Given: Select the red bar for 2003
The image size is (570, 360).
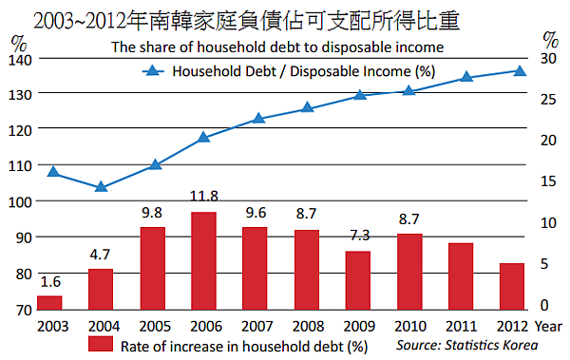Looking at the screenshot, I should coord(49,303).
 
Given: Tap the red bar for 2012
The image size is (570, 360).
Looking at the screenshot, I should coord(511,287).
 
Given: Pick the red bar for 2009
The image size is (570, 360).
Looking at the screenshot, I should coord(357,281).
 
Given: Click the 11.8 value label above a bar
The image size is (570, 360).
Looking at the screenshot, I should coord(203,197).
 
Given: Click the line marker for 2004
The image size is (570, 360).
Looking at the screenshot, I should coord(101,186).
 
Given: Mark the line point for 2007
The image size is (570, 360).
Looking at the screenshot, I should coord(258,119).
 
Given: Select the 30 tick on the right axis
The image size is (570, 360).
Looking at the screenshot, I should coord(548,59).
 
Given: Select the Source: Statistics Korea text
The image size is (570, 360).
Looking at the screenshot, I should coord(466,344).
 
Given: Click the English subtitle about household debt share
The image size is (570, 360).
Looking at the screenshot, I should coord(277,46).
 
